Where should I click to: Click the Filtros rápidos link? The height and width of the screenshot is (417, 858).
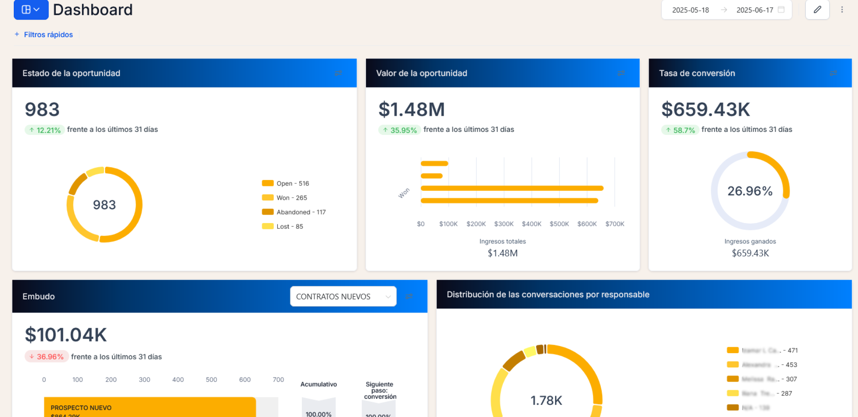click(48, 34)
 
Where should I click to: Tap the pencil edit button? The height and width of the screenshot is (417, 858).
click(817, 9)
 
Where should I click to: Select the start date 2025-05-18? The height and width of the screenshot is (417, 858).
click(690, 10)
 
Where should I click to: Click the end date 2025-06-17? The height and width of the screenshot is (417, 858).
click(755, 10)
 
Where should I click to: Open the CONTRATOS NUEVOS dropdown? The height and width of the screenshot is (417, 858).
click(343, 296)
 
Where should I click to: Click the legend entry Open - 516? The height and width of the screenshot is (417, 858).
click(292, 183)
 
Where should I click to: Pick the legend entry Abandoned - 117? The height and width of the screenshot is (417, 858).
click(301, 212)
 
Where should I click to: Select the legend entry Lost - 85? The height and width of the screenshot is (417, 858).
click(289, 226)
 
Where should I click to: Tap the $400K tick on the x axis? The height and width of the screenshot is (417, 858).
click(531, 223)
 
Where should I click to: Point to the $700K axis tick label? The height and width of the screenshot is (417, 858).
click(615, 223)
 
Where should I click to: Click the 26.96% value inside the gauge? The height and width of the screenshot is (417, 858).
click(750, 191)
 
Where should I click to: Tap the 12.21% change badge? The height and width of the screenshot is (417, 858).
click(45, 130)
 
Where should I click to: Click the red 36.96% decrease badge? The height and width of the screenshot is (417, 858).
click(47, 357)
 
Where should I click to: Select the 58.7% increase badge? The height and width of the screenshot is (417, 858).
click(680, 130)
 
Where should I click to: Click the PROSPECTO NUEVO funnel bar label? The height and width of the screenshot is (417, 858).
click(81, 408)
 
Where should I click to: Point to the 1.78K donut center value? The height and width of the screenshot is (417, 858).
click(546, 400)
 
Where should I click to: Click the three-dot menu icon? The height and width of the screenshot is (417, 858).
click(841, 9)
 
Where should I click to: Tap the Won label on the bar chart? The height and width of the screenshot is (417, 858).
click(404, 193)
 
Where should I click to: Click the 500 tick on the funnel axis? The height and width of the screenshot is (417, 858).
click(211, 379)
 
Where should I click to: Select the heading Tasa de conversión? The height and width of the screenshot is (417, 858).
click(697, 73)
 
